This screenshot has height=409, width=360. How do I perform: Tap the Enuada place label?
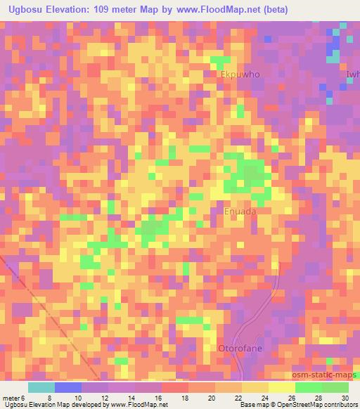point(240,211)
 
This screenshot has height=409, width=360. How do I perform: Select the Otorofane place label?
point(236,348)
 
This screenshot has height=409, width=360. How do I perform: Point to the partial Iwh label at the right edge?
point(352,73)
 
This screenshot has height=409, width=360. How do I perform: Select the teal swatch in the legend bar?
point(41,387)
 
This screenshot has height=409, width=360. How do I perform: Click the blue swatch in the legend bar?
point(68,387)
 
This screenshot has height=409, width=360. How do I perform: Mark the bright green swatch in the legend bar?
point(309,387)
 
